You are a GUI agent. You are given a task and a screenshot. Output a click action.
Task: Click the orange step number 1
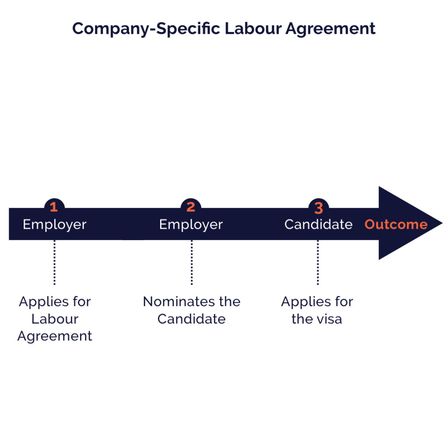54,207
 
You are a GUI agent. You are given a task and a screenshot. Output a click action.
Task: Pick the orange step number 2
191,207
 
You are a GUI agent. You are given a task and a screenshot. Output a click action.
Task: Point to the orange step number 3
318,208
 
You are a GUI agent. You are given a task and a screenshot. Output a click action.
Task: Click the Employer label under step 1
55,225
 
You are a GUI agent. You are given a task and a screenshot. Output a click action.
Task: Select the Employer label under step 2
191,225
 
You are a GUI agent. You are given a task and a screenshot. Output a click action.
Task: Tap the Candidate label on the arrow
318,224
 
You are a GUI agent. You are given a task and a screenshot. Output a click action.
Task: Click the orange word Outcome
396,224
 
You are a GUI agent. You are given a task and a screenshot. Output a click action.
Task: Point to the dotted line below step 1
55,262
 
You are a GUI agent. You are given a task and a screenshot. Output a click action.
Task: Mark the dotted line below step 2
192,262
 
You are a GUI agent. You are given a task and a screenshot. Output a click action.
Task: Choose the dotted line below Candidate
318,262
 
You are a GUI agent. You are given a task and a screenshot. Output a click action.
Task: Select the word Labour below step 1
55,319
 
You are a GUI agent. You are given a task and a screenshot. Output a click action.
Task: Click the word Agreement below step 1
55,336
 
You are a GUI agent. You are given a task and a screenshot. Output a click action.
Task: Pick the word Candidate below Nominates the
192,319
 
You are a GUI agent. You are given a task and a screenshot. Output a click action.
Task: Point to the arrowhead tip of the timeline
442,223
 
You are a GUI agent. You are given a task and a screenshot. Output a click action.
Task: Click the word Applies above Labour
44,302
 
